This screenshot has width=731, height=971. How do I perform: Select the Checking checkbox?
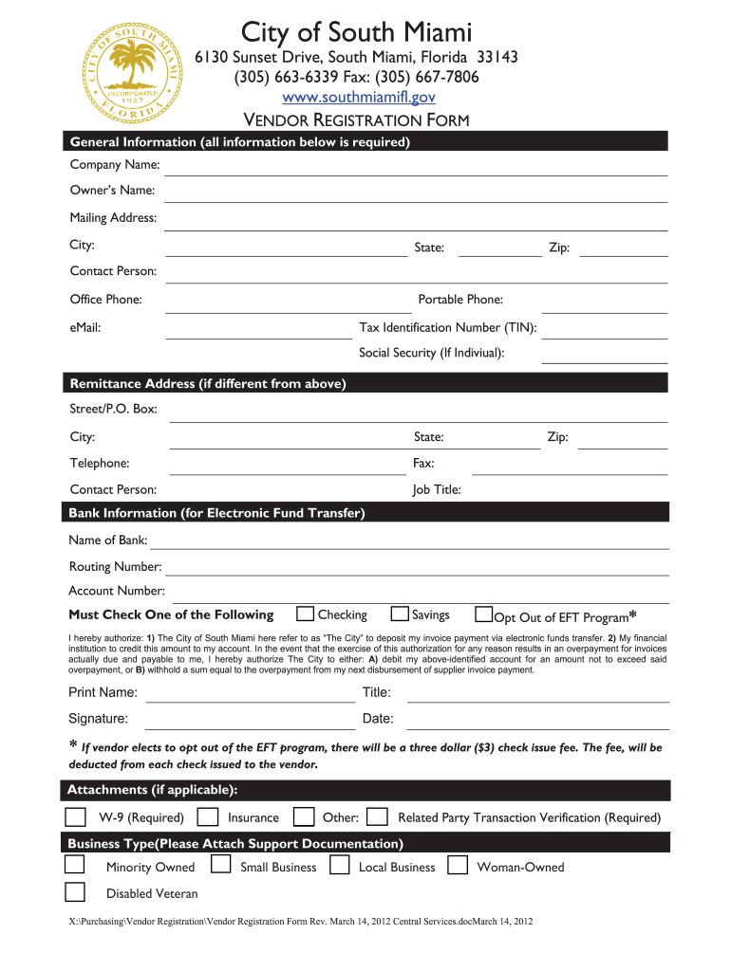pos(306,615)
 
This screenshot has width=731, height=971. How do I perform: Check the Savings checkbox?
pos(400,615)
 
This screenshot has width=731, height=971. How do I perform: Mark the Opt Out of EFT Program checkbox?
pos(483,615)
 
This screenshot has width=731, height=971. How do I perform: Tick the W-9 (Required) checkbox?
pos(75,816)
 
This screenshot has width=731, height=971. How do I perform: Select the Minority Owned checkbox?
pos(75,866)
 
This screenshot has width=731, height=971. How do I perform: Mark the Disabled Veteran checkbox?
pos(75,892)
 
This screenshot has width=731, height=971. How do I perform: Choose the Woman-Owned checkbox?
pos(458,866)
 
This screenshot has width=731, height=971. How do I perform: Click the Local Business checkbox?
pos(339,866)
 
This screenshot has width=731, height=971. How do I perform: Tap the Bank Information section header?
pos(216,513)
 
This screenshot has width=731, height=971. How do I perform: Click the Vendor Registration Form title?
pos(357,120)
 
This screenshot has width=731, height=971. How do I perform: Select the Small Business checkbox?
pos(220,866)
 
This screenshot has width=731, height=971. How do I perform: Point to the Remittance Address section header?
pos(207,384)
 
